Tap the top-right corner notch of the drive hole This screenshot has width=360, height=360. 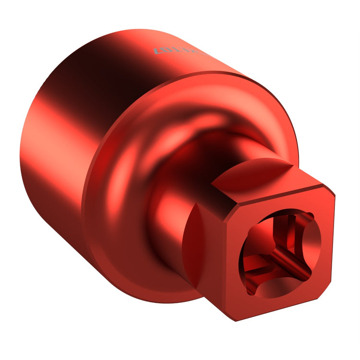(x=311, y=217)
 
